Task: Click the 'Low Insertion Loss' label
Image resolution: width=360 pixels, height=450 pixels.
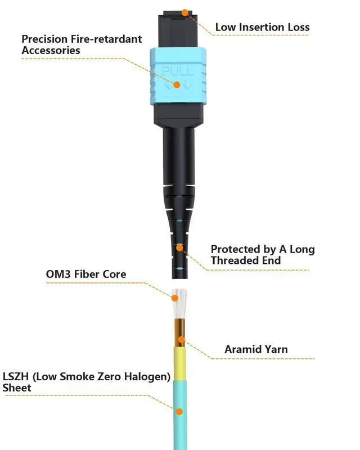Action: (x=262, y=27)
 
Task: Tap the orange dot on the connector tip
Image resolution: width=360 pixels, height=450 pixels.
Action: (x=185, y=12)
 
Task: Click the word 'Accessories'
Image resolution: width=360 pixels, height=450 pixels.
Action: (x=51, y=51)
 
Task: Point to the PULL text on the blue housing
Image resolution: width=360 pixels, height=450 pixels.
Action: (x=178, y=71)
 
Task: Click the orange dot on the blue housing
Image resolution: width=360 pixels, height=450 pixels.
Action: (x=177, y=85)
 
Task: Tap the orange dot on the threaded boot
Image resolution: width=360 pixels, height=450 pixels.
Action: (x=179, y=247)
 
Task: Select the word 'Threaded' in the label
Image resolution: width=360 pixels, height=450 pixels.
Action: (x=231, y=260)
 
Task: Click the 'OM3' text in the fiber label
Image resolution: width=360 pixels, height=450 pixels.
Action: (x=58, y=274)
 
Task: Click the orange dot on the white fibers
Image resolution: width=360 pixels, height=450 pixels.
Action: (x=174, y=298)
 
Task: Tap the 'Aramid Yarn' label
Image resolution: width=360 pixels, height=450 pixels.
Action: (x=256, y=349)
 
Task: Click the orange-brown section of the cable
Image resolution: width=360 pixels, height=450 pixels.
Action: (x=180, y=333)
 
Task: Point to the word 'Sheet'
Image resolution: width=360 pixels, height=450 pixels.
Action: (x=17, y=388)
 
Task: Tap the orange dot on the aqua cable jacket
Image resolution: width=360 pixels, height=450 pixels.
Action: (x=179, y=412)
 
